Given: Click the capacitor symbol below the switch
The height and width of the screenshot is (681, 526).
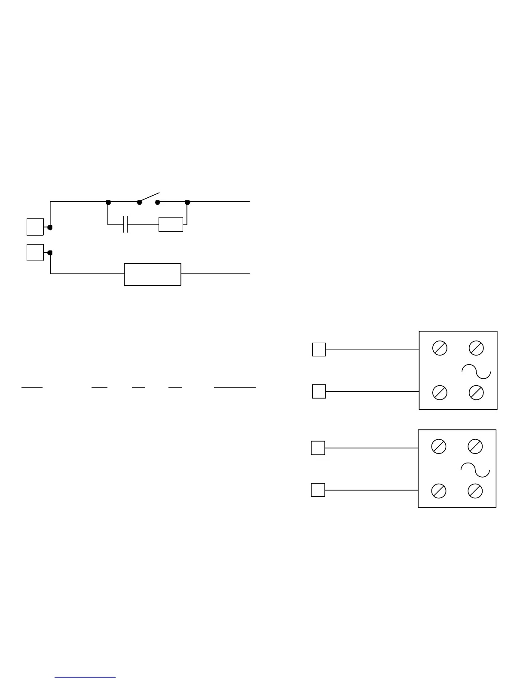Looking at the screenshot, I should coord(125,224).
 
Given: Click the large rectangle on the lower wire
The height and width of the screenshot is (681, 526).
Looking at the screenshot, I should coord(153,274).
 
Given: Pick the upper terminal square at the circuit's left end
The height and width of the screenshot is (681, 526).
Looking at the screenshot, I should coord(35,227).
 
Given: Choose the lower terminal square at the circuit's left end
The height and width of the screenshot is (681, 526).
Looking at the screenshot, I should coord(35,252).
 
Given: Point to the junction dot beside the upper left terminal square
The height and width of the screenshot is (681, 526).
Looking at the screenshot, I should coord(50,227).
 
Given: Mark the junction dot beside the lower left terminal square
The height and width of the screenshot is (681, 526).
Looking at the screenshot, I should coord(50,253).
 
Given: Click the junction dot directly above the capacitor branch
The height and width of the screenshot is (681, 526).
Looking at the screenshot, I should coord(108,202).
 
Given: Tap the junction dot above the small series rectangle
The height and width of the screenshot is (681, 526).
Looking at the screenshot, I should coord(187,202).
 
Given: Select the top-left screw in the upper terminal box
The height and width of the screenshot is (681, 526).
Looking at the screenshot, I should coord(440,348).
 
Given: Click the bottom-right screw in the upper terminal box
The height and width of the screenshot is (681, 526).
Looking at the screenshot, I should coord(476,392).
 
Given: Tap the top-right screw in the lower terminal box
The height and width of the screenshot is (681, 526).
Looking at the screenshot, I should coord(475,446).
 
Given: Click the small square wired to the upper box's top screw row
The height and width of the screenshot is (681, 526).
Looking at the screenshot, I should coord(319,350).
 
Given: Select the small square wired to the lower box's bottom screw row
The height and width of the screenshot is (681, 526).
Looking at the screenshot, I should coord(318,490).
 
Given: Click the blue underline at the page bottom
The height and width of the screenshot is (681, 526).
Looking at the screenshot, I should coord(85,678).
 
